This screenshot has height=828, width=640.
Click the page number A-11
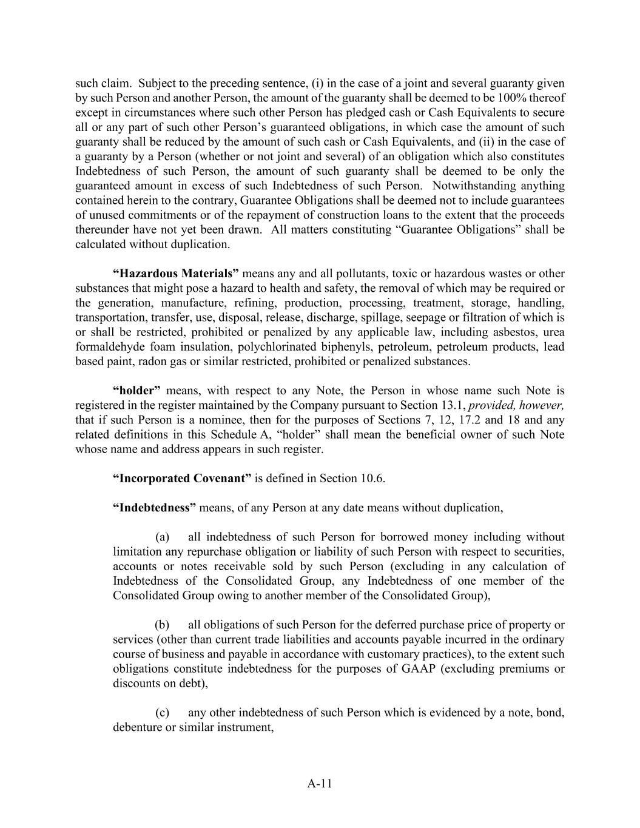point(320,783)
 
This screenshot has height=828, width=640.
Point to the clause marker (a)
point(162,537)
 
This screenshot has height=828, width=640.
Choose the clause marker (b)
point(162,625)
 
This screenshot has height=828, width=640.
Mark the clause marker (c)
point(162,712)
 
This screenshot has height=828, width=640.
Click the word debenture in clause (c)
point(138,727)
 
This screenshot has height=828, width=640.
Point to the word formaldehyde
point(112,347)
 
